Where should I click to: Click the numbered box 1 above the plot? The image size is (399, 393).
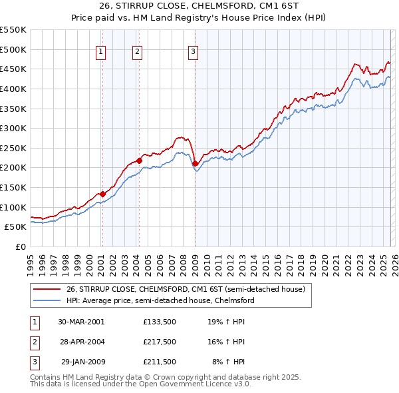[101, 52]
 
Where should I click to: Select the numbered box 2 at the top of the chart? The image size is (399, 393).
[137, 52]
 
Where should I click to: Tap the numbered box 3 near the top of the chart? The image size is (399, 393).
[193, 52]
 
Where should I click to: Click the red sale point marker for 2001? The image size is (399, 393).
[102, 194]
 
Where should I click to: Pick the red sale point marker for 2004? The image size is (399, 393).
[139, 161]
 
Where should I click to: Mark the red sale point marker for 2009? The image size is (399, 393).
[195, 163]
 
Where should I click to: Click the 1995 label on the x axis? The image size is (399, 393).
[31, 259]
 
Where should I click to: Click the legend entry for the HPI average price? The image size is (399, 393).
[160, 300]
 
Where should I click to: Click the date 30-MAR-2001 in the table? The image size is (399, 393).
[80, 322]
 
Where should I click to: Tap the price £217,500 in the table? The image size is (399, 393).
[160, 342]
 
